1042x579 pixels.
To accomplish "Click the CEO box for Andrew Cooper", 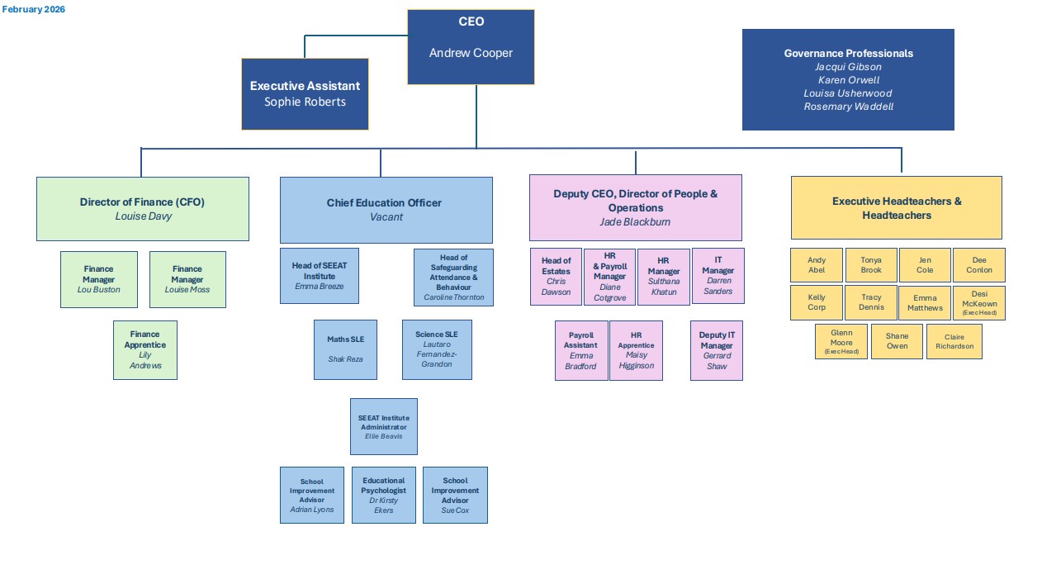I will [x=471, y=47].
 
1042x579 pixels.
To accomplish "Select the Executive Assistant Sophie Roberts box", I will [x=305, y=94].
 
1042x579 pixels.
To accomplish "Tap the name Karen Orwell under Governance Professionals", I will [x=848, y=80].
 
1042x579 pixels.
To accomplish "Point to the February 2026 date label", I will [x=34, y=9].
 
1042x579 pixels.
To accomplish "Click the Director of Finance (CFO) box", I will [x=142, y=208].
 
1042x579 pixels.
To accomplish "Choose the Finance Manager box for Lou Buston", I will [x=98, y=279].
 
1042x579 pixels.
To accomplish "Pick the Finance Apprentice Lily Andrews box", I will [x=145, y=350].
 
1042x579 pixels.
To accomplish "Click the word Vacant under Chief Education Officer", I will [x=386, y=217].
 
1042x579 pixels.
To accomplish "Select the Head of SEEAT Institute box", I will [x=320, y=275].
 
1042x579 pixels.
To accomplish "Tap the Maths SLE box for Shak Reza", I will [x=345, y=349].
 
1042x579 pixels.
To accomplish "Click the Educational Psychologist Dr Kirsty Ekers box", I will [x=384, y=495].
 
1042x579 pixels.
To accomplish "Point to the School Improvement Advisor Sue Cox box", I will [x=455, y=495].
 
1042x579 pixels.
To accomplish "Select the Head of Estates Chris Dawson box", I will [x=556, y=277].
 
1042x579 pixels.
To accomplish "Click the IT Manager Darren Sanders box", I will [x=718, y=276].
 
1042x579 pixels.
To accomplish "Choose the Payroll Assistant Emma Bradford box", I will [x=581, y=350].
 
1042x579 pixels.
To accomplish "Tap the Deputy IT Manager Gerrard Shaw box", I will [x=716, y=350].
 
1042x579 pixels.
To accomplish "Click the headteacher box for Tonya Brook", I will [x=871, y=265].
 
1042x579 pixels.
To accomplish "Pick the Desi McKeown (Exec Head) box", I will [x=978, y=303].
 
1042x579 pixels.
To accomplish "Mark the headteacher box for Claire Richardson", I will [x=954, y=341].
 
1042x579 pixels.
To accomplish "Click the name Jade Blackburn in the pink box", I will [x=635, y=222].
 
